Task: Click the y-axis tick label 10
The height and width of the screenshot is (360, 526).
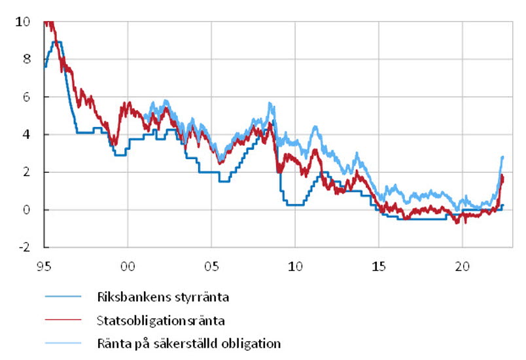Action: (x=23, y=22)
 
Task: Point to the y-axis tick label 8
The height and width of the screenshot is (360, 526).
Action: (x=26, y=59)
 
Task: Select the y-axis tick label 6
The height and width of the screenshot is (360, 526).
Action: (x=26, y=97)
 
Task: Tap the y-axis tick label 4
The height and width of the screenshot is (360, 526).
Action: (x=26, y=135)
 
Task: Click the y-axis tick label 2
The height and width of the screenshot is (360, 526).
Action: (x=26, y=173)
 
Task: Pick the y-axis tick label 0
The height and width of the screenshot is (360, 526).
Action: (x=26, y=210)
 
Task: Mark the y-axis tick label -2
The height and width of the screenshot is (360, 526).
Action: (x=24, y=248)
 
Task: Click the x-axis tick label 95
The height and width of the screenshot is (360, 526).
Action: (x=44, y=268)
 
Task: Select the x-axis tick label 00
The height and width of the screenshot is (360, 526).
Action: (x=128, y=268)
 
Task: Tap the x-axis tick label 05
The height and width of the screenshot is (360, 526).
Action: (x=211, y=268)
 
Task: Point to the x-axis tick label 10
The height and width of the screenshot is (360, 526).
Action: (x=295, y=268)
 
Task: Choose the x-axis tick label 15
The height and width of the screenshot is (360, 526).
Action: (x=379, y=268)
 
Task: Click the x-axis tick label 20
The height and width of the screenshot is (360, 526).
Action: (x=463, y=268)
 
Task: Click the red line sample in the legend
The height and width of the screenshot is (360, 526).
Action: (x=63, y=320)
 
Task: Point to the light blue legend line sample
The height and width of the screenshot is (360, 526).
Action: (x=63, y=343)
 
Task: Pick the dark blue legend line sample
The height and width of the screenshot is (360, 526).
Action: (x=63, y=297)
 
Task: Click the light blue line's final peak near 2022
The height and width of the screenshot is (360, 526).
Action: (x=502, y=156)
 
